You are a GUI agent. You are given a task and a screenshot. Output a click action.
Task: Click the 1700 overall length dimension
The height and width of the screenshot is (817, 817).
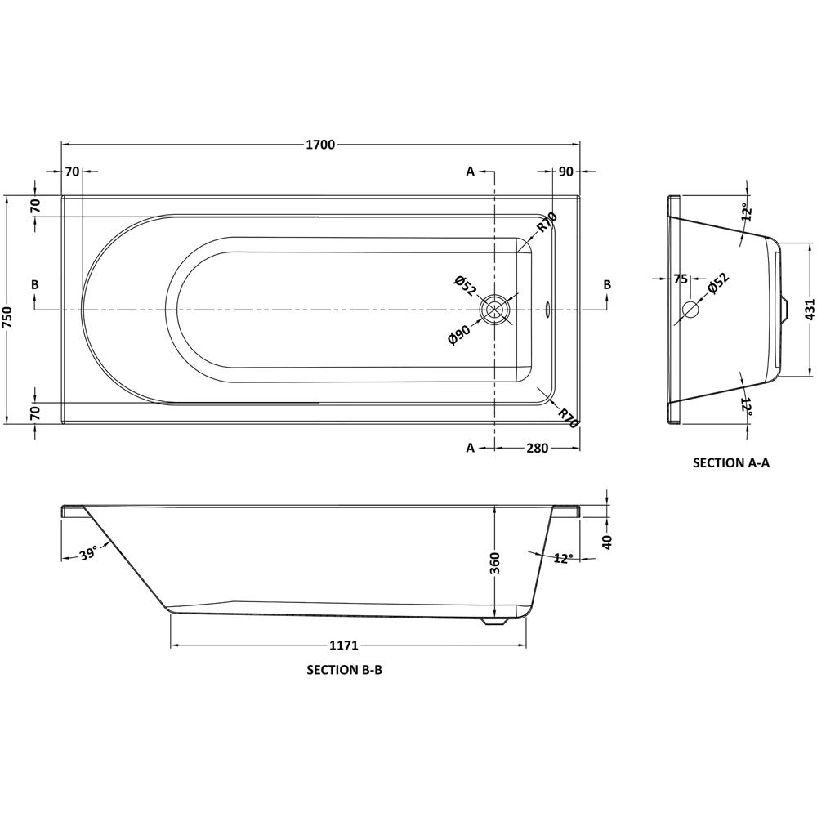coord(320,145)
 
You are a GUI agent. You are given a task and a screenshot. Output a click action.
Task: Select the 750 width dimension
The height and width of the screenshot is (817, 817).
coord(9,310)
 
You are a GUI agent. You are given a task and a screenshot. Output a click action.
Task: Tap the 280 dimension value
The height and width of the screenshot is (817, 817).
coord(536,448)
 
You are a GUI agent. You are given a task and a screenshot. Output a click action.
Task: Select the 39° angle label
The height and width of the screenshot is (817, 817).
coord(89,554)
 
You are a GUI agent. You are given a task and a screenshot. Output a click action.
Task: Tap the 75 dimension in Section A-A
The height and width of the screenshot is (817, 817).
coord(680,279)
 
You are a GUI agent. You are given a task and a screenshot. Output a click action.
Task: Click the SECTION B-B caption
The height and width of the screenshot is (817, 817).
coord(345,671)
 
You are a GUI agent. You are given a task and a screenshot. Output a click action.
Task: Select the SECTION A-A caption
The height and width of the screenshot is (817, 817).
coord(731,462)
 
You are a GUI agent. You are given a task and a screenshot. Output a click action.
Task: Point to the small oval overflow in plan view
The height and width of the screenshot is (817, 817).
coord(547,310)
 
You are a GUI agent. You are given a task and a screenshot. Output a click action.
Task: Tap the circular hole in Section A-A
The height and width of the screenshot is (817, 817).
coord(690,310)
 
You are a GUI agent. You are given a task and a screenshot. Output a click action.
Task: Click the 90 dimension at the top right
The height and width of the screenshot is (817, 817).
coord(566,172)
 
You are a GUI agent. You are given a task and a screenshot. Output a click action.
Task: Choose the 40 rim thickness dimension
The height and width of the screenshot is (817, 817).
coord(606,542)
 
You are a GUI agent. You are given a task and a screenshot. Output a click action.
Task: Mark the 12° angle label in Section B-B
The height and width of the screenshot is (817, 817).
coord(563,558)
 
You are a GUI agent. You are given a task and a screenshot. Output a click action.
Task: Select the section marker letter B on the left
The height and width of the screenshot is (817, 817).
coord(34,284)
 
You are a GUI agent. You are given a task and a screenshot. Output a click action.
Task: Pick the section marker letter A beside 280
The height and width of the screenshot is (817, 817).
coord(470,448)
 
